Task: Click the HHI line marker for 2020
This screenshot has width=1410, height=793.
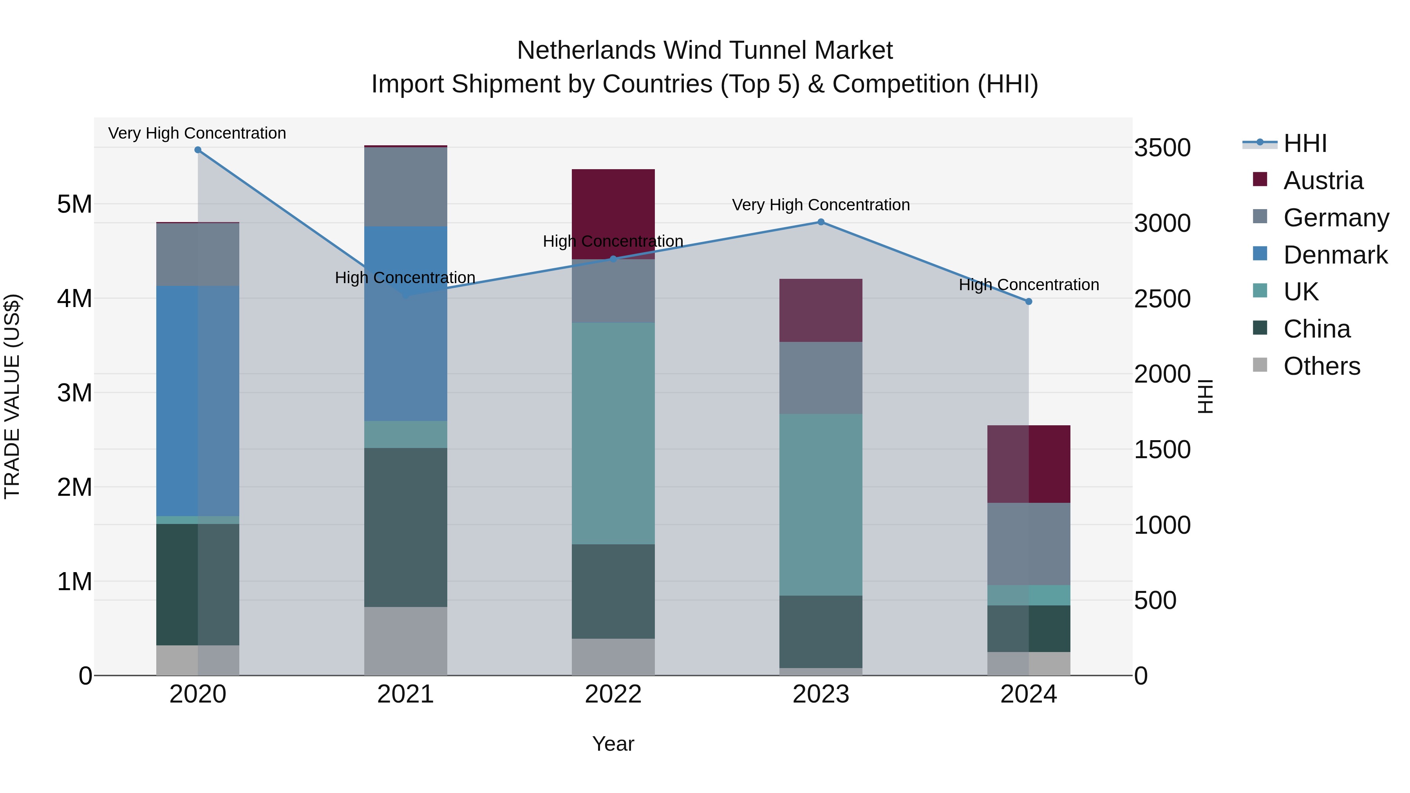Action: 198,150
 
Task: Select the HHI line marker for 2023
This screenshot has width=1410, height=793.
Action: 821,222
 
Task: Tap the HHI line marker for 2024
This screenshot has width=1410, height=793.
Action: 1029,302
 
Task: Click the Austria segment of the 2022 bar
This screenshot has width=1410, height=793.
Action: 613,214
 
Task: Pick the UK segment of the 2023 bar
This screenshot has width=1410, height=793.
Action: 821,505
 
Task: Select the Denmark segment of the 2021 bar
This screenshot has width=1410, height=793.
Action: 406,323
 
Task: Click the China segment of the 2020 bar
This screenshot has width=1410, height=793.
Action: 198,585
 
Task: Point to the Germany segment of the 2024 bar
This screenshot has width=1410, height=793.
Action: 1029,544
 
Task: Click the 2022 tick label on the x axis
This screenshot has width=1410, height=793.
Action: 613,694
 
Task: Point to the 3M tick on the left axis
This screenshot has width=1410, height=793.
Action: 74,393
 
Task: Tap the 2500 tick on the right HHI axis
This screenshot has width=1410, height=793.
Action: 1162,299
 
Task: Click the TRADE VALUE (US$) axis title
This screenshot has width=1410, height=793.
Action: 12,396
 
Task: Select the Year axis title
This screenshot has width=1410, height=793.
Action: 613,744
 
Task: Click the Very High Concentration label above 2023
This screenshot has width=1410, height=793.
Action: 821,205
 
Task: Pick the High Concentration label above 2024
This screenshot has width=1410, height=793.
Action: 1029,285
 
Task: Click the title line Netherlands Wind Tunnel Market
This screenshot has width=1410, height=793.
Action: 705,51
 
